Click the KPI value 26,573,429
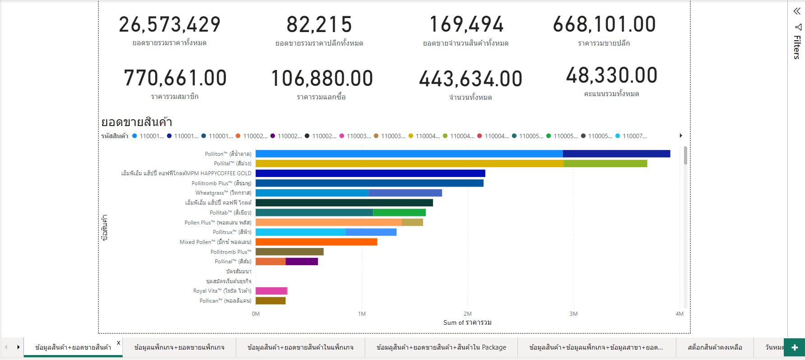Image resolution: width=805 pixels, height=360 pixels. tap(170, 25)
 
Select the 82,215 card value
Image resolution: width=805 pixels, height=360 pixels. tap(319, 25)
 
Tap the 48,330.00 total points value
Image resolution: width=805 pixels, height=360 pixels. tap(611, 76)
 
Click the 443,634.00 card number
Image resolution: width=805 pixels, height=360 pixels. tap(470, 79)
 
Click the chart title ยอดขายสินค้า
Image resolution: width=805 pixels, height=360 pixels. tap(136, 122)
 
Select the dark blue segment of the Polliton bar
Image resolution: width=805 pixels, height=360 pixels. tap(616, 154)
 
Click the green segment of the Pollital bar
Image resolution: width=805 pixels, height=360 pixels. tap(605, 164)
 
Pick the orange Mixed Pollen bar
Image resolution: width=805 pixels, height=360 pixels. tap(316, 242)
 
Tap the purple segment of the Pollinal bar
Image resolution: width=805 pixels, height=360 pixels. tap(302, 262)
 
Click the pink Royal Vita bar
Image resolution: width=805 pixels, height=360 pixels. tap(271, 291)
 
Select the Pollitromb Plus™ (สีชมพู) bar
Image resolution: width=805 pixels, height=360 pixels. tap(369, 183)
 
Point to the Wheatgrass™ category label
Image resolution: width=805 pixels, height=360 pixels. tap(223, 193)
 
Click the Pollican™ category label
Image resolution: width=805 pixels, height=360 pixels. tap(225, 301)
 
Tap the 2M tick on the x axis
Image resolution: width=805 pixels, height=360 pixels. tap(467, 313)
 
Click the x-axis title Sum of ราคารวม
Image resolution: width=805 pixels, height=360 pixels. tap(467, 323)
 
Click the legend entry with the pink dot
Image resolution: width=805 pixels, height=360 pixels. tap(358, 136)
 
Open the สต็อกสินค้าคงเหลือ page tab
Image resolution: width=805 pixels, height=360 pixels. tap(715, 347)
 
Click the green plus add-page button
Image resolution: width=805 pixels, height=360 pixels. tap(795, 348)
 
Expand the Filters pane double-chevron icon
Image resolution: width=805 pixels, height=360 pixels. tap(797, 11)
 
